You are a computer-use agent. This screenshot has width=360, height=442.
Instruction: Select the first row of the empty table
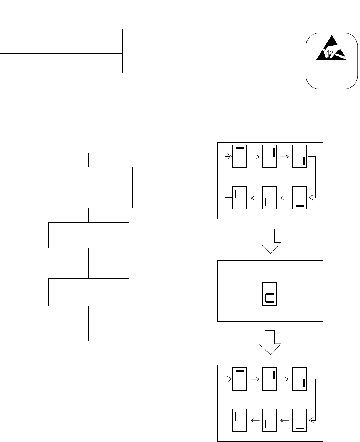click(61, 35)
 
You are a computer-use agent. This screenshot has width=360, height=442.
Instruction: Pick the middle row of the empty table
click(61, 47)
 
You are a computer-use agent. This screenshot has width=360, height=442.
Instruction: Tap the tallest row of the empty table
click(61, 63)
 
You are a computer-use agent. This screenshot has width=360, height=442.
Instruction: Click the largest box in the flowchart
click(89, 187)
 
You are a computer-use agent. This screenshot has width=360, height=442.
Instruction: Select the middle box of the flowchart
click(88, 235)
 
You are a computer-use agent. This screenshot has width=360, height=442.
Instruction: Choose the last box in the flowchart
click(88, 292)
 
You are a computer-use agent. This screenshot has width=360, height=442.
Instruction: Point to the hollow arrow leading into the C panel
click(270, 241)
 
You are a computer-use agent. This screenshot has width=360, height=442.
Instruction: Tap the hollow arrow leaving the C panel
click(270, 342)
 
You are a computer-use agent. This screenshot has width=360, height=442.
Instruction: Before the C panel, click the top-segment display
click(240, 157)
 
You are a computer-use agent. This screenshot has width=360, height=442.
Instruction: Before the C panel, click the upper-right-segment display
click(270, 157)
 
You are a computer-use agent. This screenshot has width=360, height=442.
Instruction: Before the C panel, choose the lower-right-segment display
click(300, 157)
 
